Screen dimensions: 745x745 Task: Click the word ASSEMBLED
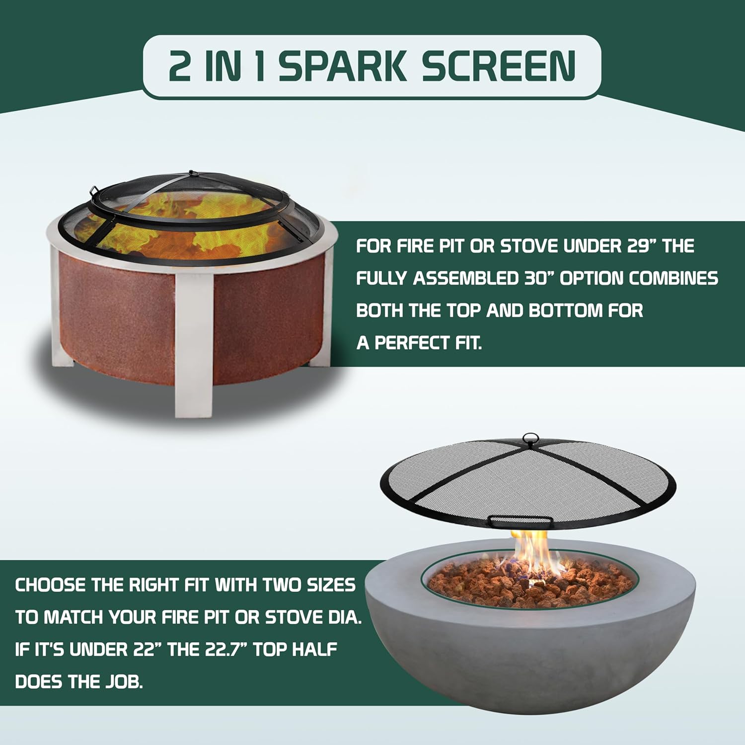click(465, 278)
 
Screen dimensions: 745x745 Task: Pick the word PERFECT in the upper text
click(420, 343)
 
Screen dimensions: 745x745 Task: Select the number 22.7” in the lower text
click(222, 649)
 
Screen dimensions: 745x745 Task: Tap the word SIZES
click(331, 585)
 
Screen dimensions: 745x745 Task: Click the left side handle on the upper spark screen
click(94, 192)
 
